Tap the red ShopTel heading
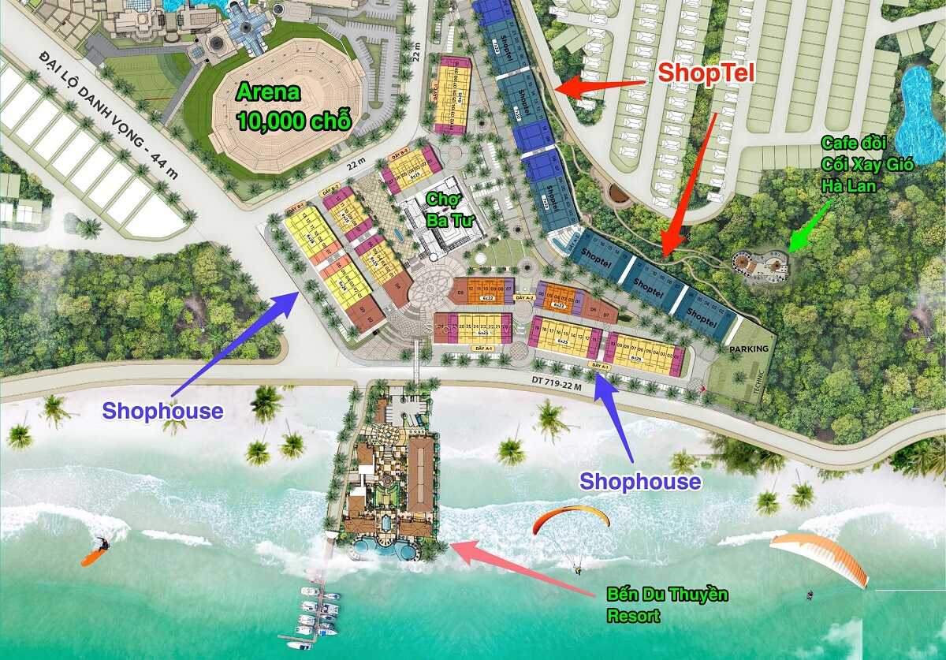click(707, 73)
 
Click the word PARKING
click(748, 348)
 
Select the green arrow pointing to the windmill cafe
click(810, 226)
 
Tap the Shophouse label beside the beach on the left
click(162, 411)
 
